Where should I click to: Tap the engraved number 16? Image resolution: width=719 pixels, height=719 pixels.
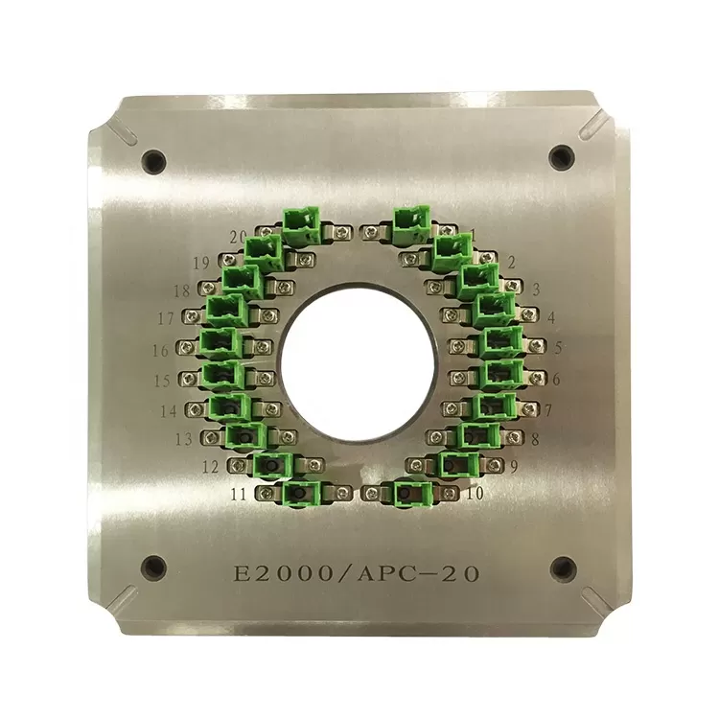[161, 350]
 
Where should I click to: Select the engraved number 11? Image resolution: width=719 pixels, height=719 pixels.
[240, 495]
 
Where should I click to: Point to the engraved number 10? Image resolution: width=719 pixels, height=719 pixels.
[473, 494]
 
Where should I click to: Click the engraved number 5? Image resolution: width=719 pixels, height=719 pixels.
[558, 348]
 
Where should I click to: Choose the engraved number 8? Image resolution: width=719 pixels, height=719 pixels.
[534, 439]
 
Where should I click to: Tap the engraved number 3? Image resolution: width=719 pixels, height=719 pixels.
[535, 288]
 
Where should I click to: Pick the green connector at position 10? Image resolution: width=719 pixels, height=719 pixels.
[412, 493]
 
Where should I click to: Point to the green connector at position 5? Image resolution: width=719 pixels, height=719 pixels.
[501, 342]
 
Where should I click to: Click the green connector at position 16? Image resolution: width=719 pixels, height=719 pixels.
[219, 343]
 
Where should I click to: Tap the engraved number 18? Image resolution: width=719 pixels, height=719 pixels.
[182, 290]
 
